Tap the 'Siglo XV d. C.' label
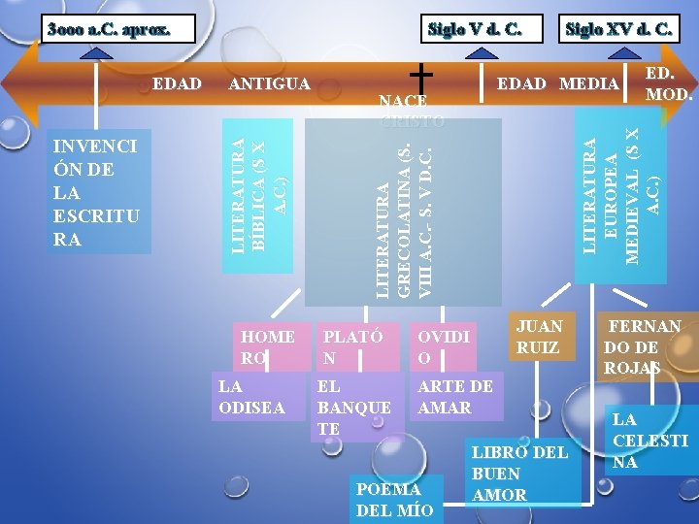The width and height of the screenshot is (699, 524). (x=618, y=28)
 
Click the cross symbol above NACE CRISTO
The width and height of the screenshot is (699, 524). (x=420, y=73)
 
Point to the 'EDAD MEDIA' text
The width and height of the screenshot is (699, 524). (x=557, y=83)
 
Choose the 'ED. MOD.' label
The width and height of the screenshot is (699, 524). (x=667, y=84)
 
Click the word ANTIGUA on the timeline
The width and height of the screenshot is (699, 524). (x=269, y=83)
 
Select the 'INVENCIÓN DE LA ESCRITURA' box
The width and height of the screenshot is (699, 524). (x=94, y=192)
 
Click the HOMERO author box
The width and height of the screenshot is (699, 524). (x=269, y=346)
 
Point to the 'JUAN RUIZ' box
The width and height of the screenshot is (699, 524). (x=540, y=336)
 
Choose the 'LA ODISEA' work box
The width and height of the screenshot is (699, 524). (x=251, y=396)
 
